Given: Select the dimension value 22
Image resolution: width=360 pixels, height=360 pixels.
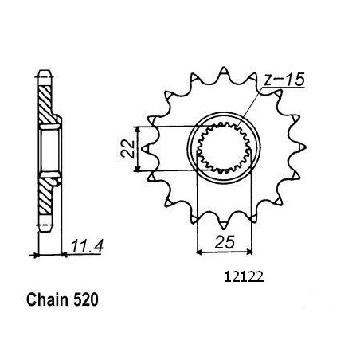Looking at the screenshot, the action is coord(128,149).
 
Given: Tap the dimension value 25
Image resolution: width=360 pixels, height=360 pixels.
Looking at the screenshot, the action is coord(225,242).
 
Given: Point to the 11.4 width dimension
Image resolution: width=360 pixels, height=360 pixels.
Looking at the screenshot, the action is coord(87,246).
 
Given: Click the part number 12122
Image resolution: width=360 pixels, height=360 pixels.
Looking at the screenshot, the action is coord(244,277).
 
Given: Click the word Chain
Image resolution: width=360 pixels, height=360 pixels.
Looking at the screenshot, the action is coord(47,300).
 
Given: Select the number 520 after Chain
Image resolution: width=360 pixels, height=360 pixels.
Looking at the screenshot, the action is coord(85,300).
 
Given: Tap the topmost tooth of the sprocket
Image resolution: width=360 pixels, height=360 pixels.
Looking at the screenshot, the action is coord(224,70).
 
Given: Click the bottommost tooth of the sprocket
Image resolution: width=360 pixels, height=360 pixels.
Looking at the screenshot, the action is coord(224,225).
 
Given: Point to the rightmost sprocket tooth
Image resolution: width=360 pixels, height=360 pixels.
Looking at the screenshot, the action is coord(302,147).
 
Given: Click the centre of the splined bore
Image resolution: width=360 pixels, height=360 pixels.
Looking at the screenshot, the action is coord(224,148).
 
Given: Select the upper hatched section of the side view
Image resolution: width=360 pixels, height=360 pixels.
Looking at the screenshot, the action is coord(45,105).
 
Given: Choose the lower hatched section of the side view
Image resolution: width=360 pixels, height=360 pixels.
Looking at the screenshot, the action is coord(45,196).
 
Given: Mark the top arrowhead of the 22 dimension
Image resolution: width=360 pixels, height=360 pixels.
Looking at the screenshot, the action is coord(137,129).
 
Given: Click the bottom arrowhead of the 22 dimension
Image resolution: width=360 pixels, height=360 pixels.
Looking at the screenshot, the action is coord(137,168).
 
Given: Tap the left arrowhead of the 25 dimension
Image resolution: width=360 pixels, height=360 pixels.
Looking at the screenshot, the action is coord(199,251).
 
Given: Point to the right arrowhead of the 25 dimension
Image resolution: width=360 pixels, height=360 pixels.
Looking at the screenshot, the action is coord(248,251).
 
